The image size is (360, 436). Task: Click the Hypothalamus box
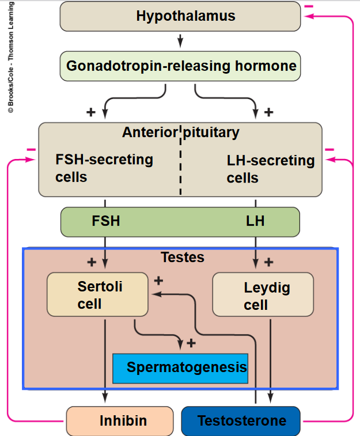coord(180,16)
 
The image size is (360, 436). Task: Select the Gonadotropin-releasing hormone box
coord(181,66)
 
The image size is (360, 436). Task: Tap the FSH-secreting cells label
coord(104,168)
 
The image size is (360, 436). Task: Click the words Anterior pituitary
coord(180,132)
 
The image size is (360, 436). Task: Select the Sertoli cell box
coord(97,294)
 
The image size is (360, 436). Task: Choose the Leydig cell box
coord(263,295)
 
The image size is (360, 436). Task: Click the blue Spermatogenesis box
coord(180,367)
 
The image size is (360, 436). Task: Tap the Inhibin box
coord(120,421)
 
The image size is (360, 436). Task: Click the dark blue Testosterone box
coord(241,421)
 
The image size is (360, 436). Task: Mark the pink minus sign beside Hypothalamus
coord(309,6)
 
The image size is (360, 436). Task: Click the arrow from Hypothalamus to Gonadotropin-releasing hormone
coord(180,40)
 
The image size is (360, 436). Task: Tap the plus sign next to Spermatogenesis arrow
coord(191,343)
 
